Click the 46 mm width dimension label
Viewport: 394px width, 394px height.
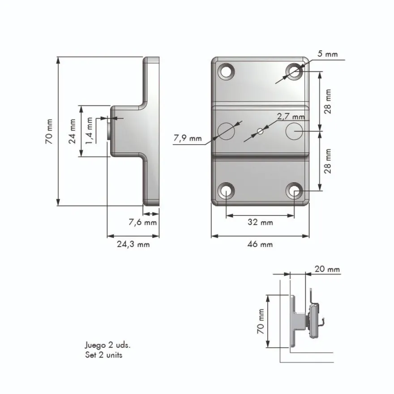(x=260, y=244)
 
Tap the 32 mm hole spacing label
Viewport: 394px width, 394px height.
(x=260, y=222)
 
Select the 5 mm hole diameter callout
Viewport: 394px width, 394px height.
(x=327, y=54)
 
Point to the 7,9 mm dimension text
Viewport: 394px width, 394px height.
(x=188, y=138)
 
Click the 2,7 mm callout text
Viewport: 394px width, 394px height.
(x=291, y=116)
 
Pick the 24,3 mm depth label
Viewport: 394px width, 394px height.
(x=133, y=244)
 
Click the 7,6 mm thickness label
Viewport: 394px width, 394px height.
(x=143, y=222)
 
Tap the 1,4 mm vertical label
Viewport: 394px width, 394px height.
(x=89, y=130)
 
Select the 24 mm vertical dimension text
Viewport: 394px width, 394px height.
(x=72, y=131)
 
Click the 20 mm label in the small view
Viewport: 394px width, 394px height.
(x=327, y=269)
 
